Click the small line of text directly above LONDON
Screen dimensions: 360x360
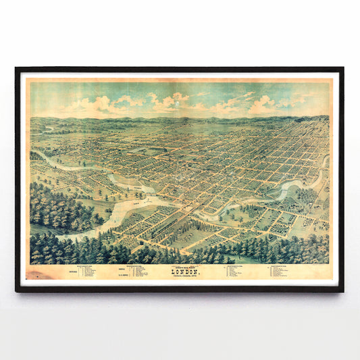(x=181, y=265)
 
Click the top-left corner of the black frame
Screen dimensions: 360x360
(x=17, y=69)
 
